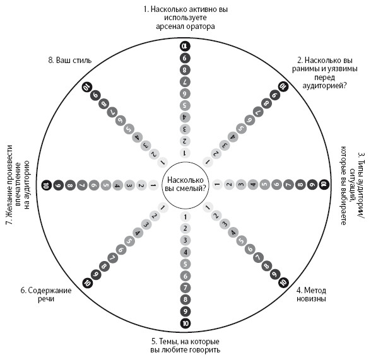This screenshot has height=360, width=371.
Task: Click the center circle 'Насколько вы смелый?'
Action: tap(185, 185)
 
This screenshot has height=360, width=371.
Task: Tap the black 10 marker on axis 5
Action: tap(185, 323)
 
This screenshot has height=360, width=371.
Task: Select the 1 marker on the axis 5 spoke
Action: tap(185, 217)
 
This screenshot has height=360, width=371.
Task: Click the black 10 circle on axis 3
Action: tap(324, 184)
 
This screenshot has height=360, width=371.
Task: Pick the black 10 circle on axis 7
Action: tap(47, 185)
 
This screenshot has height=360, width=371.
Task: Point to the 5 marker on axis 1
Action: tap(185, 105)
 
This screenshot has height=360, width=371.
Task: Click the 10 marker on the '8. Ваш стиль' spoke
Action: tap(87, 87)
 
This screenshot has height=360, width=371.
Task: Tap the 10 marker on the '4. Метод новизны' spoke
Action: tap(283, 282)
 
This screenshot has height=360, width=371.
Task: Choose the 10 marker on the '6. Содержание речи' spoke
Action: tap(88, 282)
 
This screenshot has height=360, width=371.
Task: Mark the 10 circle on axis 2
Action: tap(283, 87)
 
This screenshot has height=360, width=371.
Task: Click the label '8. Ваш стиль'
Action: tap(70, 61)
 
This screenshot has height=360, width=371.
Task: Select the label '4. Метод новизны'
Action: tap(312, 294)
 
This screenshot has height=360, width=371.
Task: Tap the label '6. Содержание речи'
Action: tap(46, 294)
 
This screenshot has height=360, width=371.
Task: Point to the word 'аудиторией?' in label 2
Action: tap(324, 85)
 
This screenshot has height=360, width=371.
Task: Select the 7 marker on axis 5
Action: tap(185, 287)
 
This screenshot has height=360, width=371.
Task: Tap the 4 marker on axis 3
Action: tap(253, 184)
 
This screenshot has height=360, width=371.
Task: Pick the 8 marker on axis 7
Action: tap(70, 185)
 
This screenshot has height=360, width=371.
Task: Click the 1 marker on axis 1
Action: tap(185, 153)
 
